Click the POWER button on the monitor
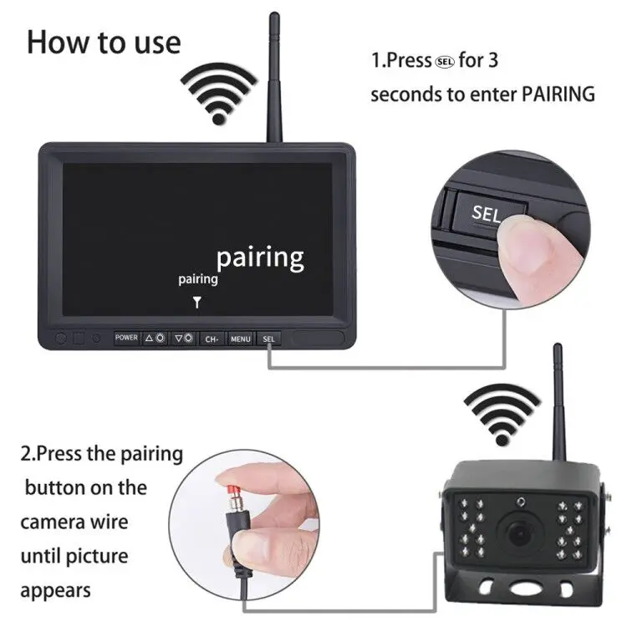(x=126, y=338)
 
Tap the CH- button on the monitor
(x=212, y=339)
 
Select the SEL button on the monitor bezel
(x=268, y=339)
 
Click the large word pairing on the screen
(x=260, y=257)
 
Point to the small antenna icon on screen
(x=197, y=302)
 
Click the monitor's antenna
(x=272, y=79)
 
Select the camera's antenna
(x=559, y=401)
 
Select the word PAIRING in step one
(x=558, y=94)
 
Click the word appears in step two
(x=55, y=590)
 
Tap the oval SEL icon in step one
(x=446, y=61)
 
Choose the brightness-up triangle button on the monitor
(x=155, y=339)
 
